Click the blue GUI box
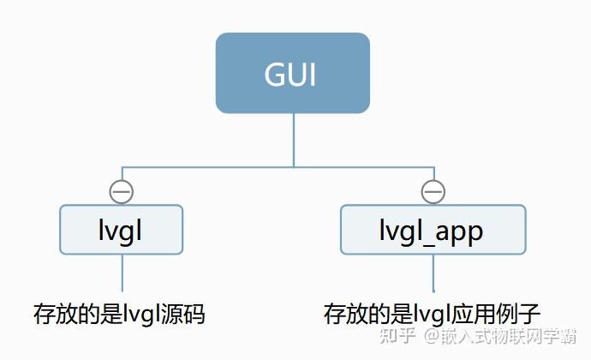(x=292, y=73)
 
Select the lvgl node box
(x=121, y=229)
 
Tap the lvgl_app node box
(x=433, y=229)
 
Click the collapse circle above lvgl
(x=122, y=192)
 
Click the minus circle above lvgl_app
(x=433, y=192)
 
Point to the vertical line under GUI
(x=293, y=139)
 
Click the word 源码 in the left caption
(x=186, y=313)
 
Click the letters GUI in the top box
(x=290, y=75)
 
